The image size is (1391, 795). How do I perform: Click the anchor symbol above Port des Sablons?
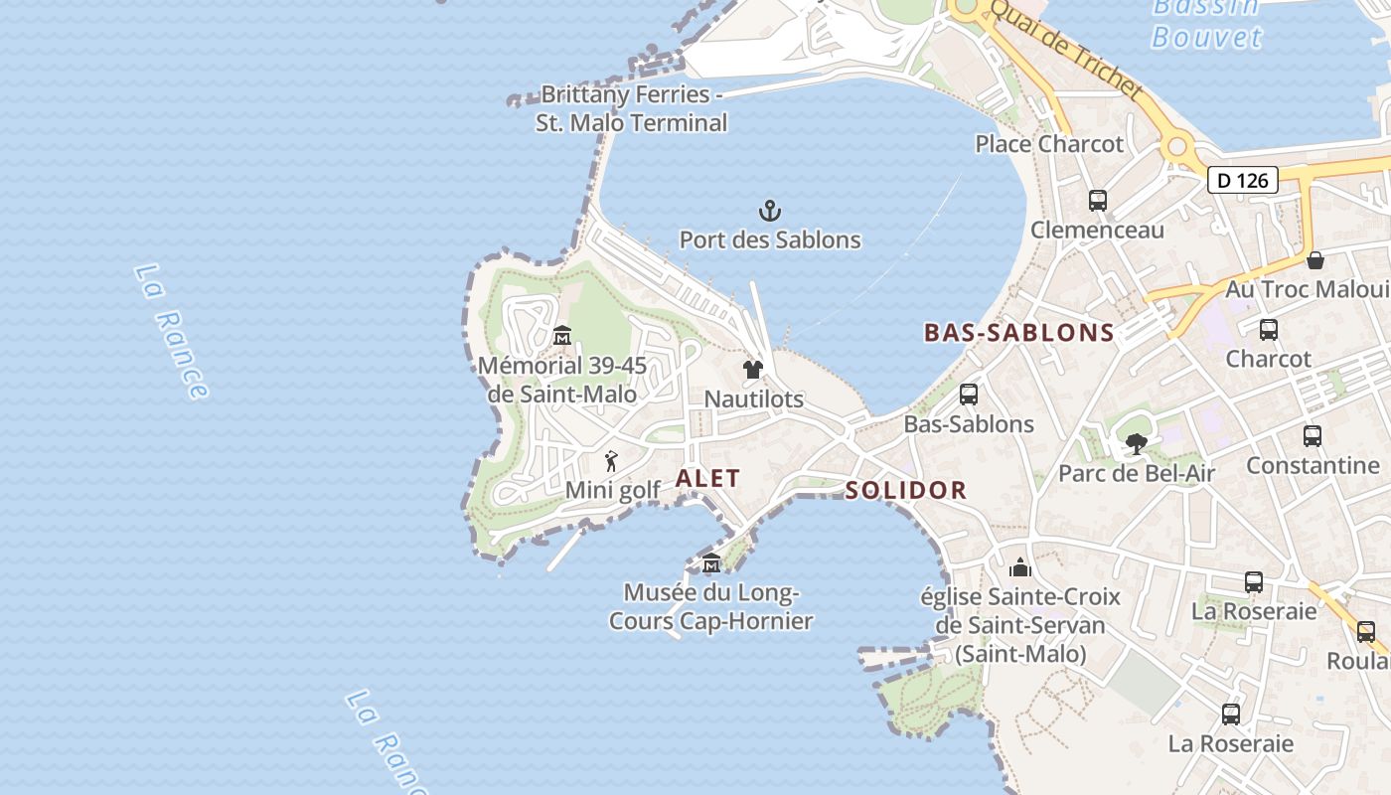coord(770,211)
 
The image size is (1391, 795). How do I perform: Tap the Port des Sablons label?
coord(770,239)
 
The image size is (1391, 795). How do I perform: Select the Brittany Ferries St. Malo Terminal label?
coord(631,109)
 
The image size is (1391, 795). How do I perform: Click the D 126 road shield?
coord(1242,180)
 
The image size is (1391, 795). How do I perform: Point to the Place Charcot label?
coord(1049,144)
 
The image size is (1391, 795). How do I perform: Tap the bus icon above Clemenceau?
coord(1098,200)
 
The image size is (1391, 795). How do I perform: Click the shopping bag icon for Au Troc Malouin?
coord(1315,260)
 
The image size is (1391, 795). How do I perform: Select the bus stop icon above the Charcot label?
coord(1268,330)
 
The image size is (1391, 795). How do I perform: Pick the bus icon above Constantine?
coord(1313,435)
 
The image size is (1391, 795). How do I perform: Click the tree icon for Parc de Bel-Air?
coord(1137,444)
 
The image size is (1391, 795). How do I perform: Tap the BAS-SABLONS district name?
coord(1019,333)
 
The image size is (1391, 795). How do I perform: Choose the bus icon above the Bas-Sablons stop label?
coord(969,395)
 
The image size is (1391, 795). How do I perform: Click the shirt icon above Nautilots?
coord(753,370)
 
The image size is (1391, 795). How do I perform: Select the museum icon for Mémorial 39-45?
coord(561,335)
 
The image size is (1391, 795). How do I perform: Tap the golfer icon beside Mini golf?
coord(611,461)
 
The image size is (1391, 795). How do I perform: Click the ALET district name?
coord(707,478)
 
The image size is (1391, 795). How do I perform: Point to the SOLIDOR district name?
coord(905,490)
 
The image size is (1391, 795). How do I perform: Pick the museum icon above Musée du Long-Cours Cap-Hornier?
coord(711,563)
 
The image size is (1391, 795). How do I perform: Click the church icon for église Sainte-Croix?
coord(1020,567)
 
